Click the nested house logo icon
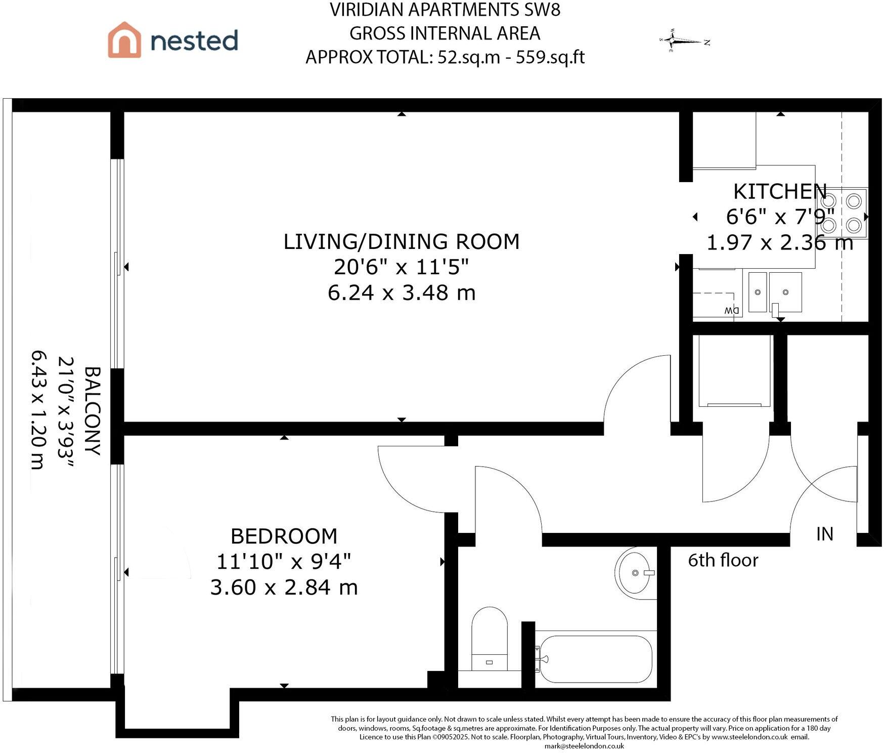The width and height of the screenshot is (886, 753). [124, 39]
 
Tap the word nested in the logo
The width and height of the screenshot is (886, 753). [194, 40]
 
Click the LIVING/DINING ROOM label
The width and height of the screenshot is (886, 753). [402, 241]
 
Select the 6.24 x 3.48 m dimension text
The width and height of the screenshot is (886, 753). [402, 292]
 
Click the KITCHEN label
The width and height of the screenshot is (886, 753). [780, 191]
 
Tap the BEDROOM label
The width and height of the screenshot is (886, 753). [284, 536]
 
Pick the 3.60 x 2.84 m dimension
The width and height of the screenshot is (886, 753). [284, 588]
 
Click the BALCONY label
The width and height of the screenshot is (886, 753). [93, 411]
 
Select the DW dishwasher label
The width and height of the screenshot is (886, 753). [731, 310]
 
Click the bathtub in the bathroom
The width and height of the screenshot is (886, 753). [596, 659]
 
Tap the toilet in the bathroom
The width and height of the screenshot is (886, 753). [489, 639]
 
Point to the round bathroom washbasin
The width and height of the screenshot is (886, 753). [636, 572]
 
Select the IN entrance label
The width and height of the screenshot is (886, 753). [824, 534]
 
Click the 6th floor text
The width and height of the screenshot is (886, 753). [723, 560]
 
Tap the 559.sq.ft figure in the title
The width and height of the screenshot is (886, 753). [550, 57]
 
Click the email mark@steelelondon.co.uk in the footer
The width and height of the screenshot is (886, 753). [584, 746]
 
